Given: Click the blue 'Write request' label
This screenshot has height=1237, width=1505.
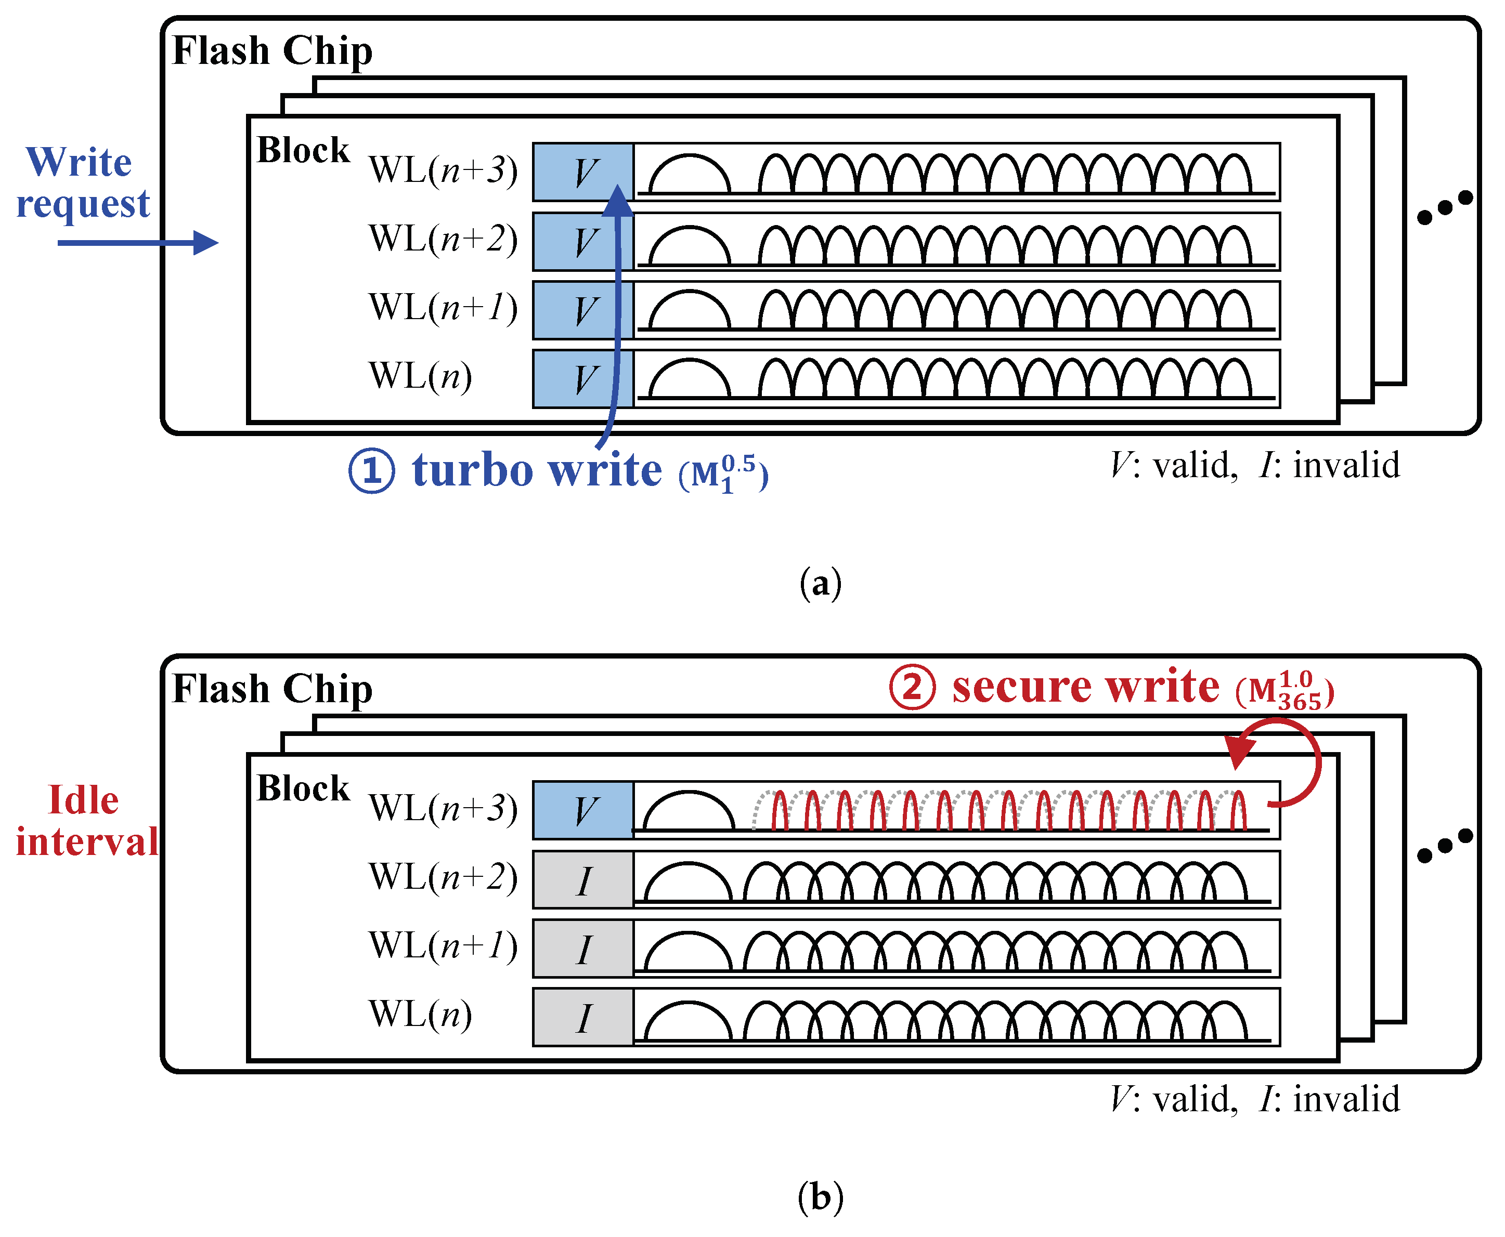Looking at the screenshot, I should (82, 182).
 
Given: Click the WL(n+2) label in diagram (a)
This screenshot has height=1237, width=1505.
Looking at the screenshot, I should (443, 240).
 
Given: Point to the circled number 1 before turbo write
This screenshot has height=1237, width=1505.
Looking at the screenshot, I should (371, 471).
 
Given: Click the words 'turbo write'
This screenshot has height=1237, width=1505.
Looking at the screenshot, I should (537, 471).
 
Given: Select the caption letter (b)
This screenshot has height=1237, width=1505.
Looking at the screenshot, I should (820, 1197).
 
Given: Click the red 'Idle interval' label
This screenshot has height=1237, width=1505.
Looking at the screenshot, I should (86, 820).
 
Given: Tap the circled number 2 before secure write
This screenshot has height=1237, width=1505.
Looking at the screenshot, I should (911, 688).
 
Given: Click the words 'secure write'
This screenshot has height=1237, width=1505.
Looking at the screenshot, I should (1085, 688).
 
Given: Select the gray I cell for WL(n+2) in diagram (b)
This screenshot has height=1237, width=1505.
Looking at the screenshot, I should (583, 879).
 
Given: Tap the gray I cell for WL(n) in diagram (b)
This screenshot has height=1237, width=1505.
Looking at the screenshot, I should (583, 1017).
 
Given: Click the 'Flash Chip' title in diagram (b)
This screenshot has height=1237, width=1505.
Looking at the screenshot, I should (273, 689).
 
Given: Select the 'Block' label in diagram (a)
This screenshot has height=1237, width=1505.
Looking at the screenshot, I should (303, 150).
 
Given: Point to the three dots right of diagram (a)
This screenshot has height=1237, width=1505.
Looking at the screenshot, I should (1444, 207).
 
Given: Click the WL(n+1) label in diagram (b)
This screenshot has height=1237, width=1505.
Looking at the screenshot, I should (443, 946).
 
